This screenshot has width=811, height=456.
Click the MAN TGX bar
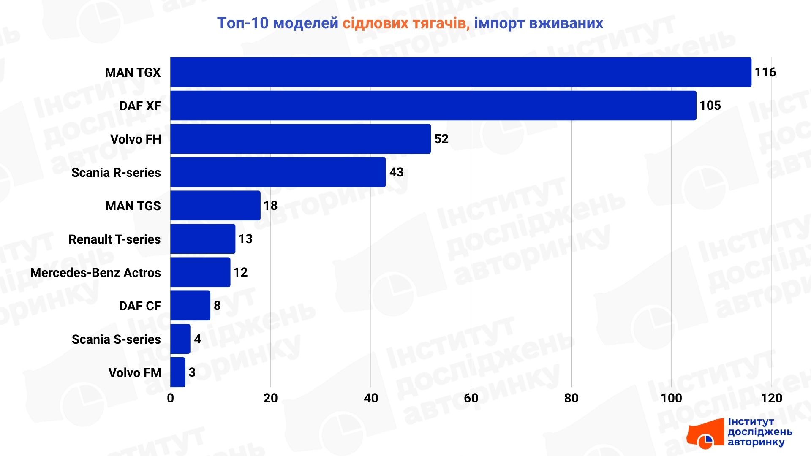click(460, 72)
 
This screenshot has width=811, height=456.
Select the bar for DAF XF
click(433, 106)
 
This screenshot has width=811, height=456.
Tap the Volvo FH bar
click(300, 139)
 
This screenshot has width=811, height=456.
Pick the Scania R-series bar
click(278, 172)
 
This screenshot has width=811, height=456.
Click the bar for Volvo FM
click(178, 372)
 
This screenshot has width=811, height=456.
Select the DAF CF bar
click(190, 306)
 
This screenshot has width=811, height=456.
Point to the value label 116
click(765, 72)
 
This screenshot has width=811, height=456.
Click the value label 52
click(441, 139)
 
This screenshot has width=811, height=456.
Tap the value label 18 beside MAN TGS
click(270, 206)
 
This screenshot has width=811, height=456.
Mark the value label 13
click(245, 239)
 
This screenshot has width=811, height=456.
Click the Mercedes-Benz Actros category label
click(95, 273)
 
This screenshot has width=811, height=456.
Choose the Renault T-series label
click(114, 239)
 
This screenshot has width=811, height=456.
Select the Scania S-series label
click(116, 339)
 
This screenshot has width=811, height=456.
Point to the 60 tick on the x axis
click(471, 398)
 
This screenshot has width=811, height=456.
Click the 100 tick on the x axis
click(671, 398)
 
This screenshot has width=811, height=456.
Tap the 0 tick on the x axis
click(171, 398)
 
